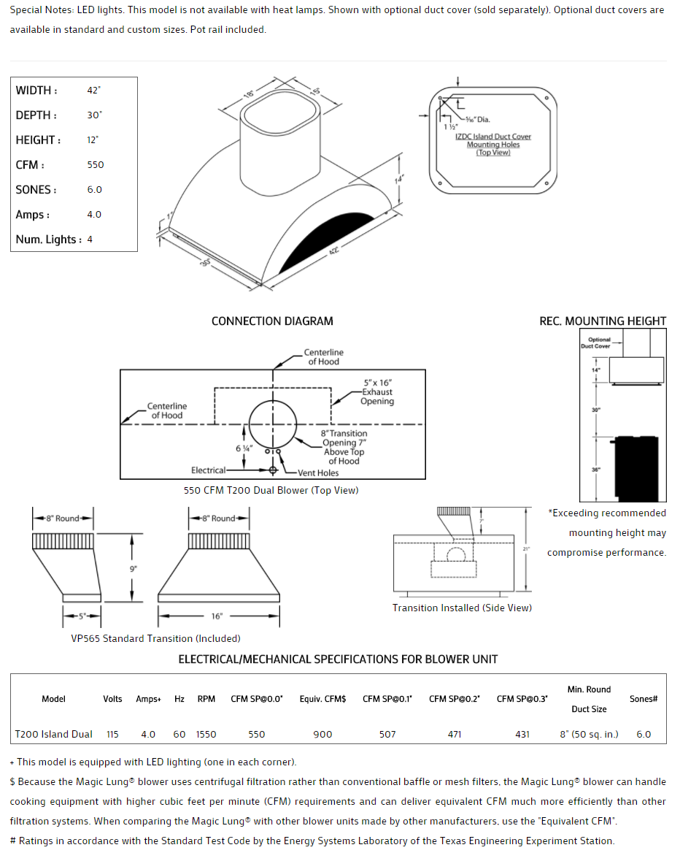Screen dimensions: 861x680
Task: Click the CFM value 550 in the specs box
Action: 96,165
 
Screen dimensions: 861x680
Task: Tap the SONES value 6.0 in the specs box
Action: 95,190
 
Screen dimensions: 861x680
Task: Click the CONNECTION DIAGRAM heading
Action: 272,321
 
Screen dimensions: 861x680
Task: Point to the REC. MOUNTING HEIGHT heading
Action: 603,321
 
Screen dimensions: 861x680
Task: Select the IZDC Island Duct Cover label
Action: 493,137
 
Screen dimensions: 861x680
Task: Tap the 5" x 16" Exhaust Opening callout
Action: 377,392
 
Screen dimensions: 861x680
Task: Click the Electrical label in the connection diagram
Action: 209,470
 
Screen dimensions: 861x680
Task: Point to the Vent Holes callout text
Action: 318,473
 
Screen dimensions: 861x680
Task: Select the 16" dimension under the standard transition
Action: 217,616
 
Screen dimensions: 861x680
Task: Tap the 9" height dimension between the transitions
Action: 134,568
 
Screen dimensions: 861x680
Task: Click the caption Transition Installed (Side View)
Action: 462,608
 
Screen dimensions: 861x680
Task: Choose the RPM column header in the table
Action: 206,699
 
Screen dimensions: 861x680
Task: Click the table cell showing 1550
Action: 206,734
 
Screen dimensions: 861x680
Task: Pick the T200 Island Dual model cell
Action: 54,734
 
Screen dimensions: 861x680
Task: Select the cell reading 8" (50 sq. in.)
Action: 589,734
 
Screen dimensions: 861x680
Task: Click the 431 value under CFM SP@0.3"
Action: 522,734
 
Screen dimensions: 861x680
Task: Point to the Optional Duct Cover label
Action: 596,343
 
